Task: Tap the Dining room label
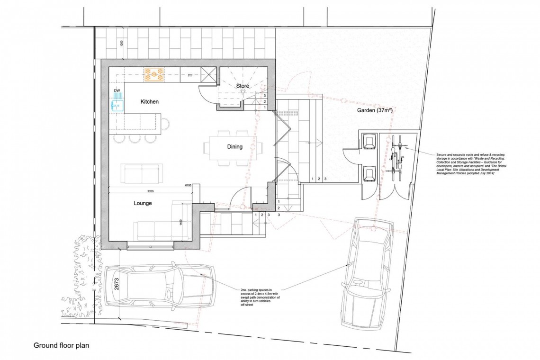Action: coord(234,147)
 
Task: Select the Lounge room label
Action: coord(142,203)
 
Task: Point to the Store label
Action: coord(243,86)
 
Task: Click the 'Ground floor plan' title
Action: coord(61,345)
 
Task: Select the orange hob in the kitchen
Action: coord(154,73)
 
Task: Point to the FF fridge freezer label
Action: coord(190,75)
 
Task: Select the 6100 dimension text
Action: coord(188,186)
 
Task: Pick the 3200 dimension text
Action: coord(151,191)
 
